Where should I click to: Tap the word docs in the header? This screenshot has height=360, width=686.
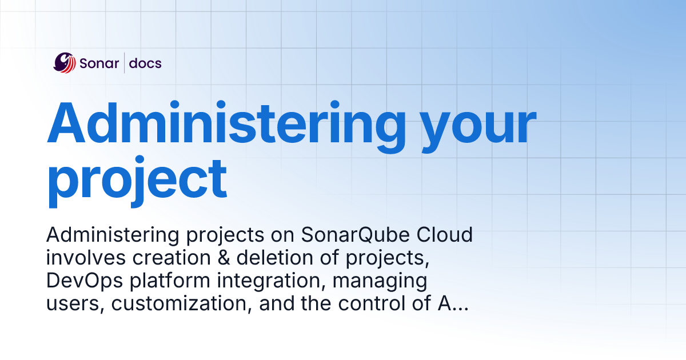145,63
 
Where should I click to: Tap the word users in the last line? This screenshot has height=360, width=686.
74,304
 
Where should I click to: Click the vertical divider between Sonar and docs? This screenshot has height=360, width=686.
124,63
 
